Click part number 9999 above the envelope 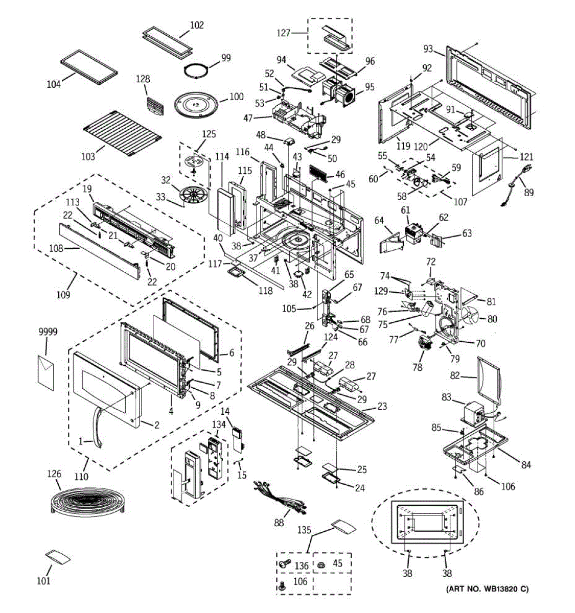click(48, 332)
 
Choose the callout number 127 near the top click(283, 33)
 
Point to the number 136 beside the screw click(302, 565)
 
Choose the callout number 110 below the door click(81, 477)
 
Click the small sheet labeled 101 click(58, 557)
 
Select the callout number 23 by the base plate click(381, 407)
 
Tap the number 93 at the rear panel click(428, 50)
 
